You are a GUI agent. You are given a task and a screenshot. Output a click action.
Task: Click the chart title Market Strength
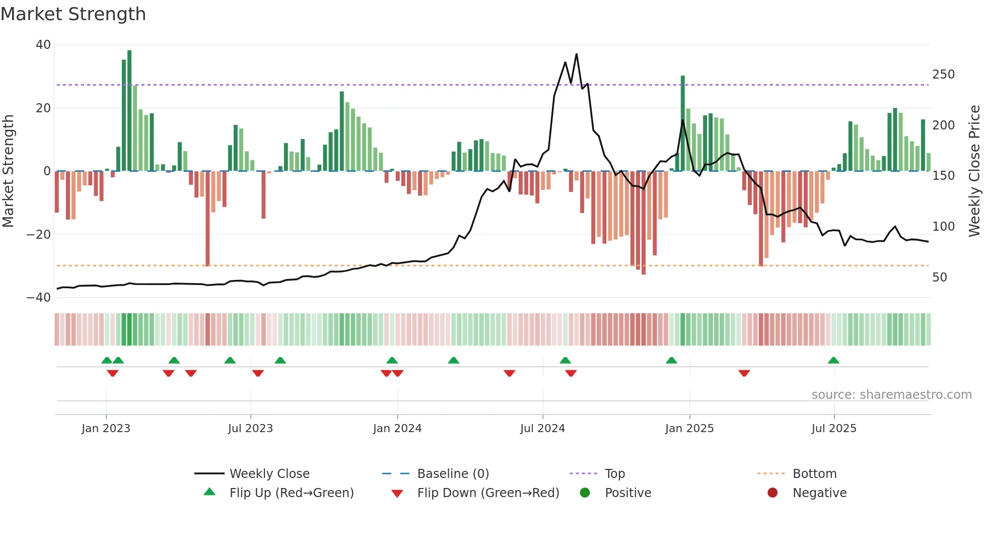pos(73,14)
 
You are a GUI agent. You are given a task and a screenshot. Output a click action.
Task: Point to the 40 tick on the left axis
pos(43,45)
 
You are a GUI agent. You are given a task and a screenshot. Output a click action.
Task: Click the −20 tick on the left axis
pos(39,234)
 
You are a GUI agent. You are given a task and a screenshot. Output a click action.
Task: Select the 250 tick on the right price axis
pos(943,75)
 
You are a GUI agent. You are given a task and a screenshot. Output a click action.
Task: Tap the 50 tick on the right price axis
pos(940,277)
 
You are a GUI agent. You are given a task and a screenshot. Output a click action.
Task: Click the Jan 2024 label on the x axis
pos(397,429)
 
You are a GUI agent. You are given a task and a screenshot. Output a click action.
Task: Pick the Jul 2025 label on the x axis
pos(833,429)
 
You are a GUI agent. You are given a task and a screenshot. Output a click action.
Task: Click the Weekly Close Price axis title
pos(974,171)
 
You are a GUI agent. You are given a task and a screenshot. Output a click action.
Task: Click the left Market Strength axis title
pos(9,171)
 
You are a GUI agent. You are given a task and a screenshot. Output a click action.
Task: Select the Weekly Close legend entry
pos(269,474)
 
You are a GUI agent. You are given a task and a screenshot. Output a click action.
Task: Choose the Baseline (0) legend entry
pos(453,474)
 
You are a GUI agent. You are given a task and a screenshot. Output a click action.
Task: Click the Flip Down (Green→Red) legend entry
pos(487,493)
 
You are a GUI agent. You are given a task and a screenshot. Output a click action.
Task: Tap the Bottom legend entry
pos(814,474)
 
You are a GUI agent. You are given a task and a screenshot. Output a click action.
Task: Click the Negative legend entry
pos(819,493)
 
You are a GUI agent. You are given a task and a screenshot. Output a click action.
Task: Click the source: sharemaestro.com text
pos(891,395)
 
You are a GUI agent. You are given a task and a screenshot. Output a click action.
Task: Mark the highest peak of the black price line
pos(576,54)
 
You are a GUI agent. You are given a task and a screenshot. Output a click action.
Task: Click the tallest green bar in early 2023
pos(129,111)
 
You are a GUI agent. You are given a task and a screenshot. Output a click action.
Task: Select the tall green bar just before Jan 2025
pos(683,123)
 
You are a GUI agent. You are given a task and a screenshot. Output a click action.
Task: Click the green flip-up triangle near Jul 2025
pos(833,361)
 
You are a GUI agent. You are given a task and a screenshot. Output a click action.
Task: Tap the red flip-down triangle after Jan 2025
pos(744,373)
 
